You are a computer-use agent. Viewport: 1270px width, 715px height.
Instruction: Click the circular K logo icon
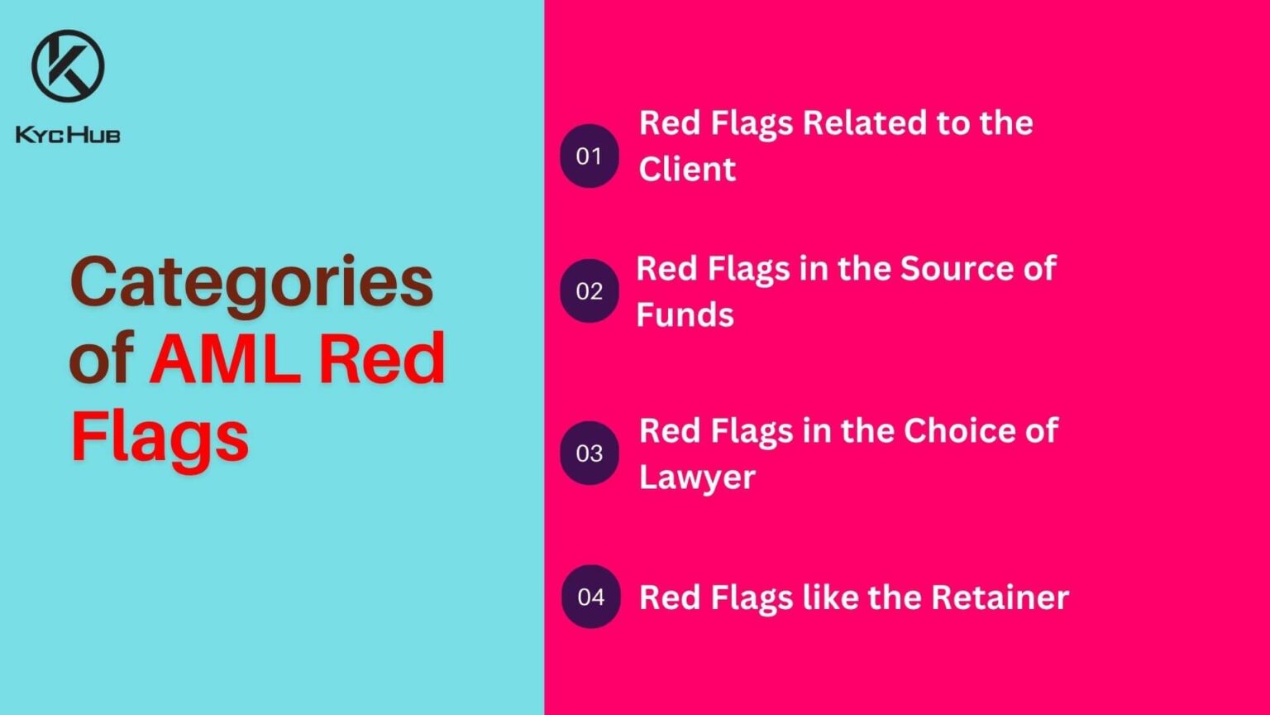click(68, 65)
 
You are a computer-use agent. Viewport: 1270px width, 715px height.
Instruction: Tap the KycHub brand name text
click(68, 134)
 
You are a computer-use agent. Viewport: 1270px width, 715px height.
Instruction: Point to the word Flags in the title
click(160, 436)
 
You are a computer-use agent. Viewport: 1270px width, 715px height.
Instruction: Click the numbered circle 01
click(589, 156)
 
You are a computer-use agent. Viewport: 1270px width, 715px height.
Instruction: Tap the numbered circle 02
click(589, 290)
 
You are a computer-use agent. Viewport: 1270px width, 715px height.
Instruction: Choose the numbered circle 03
click(589, 453)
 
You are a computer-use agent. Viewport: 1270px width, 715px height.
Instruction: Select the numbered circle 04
click(590, 597)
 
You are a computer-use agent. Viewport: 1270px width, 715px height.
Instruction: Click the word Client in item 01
click(687, 170)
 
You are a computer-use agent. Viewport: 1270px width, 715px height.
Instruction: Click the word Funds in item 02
click(685, 315)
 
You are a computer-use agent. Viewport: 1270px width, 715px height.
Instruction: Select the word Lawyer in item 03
click(697, 477)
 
